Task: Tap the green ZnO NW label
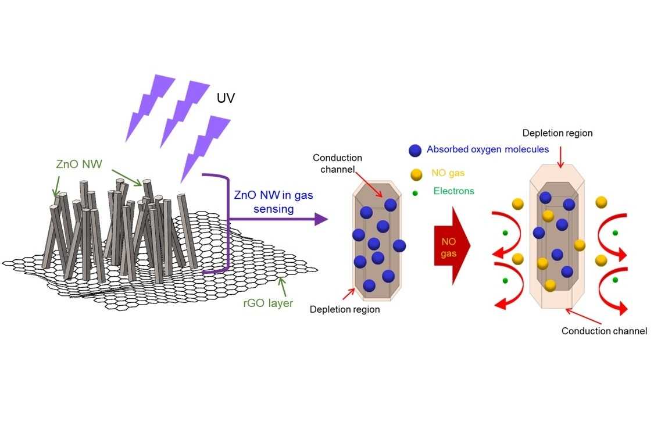(79, 164)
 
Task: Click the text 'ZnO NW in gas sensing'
(273, 202)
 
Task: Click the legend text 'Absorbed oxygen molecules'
(487, 149)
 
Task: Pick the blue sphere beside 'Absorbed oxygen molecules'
(415, 150)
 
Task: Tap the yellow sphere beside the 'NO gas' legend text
(415, 173)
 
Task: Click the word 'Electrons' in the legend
(453, 191)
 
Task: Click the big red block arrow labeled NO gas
(452, 244)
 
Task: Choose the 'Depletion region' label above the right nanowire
(557, 133)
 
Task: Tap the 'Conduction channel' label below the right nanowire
(604, 331)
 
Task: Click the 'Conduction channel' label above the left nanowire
(337, 163)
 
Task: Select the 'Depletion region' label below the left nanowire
(345, 309)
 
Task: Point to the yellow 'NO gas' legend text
(449, 173)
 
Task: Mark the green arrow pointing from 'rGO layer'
(282, 285)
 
